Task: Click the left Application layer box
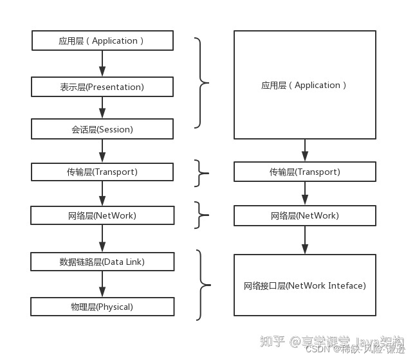pyautogui.click(x=102, y=40)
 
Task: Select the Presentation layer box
pyautogui.click(x=102, y=86)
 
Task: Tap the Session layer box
pyautogui.click(x=102, y=129)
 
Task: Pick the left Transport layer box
pyautogui.click(x=102, y=172)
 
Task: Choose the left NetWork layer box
pyautogui.click(x=102, y=215)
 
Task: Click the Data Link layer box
pyautogui.click(x=102, y=262)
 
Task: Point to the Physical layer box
pyautogui.click(x=102, y=307)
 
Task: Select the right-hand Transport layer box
pyautogui.click(x=304, y=172)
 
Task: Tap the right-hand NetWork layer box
pyautogui.click(x=304, y=215)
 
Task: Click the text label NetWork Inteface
pyautogui.click(x=304, y=285)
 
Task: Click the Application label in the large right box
pyautogui.click(x=304, y=85)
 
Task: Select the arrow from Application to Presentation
pyautogui.click(x=102, y=63)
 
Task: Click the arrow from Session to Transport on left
pyautogui.click(x=102, y=150)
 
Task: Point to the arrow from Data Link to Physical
pyautogui.click(x=102, y=283)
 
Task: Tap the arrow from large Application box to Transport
pyautogui.click(x=305, y=150)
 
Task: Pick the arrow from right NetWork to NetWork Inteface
pyautogui.click(x=305, y=239)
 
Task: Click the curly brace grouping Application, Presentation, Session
pyautogui.click(x=201, y=82)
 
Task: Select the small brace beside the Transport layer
pyautogui.click(x=201, y=172)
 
